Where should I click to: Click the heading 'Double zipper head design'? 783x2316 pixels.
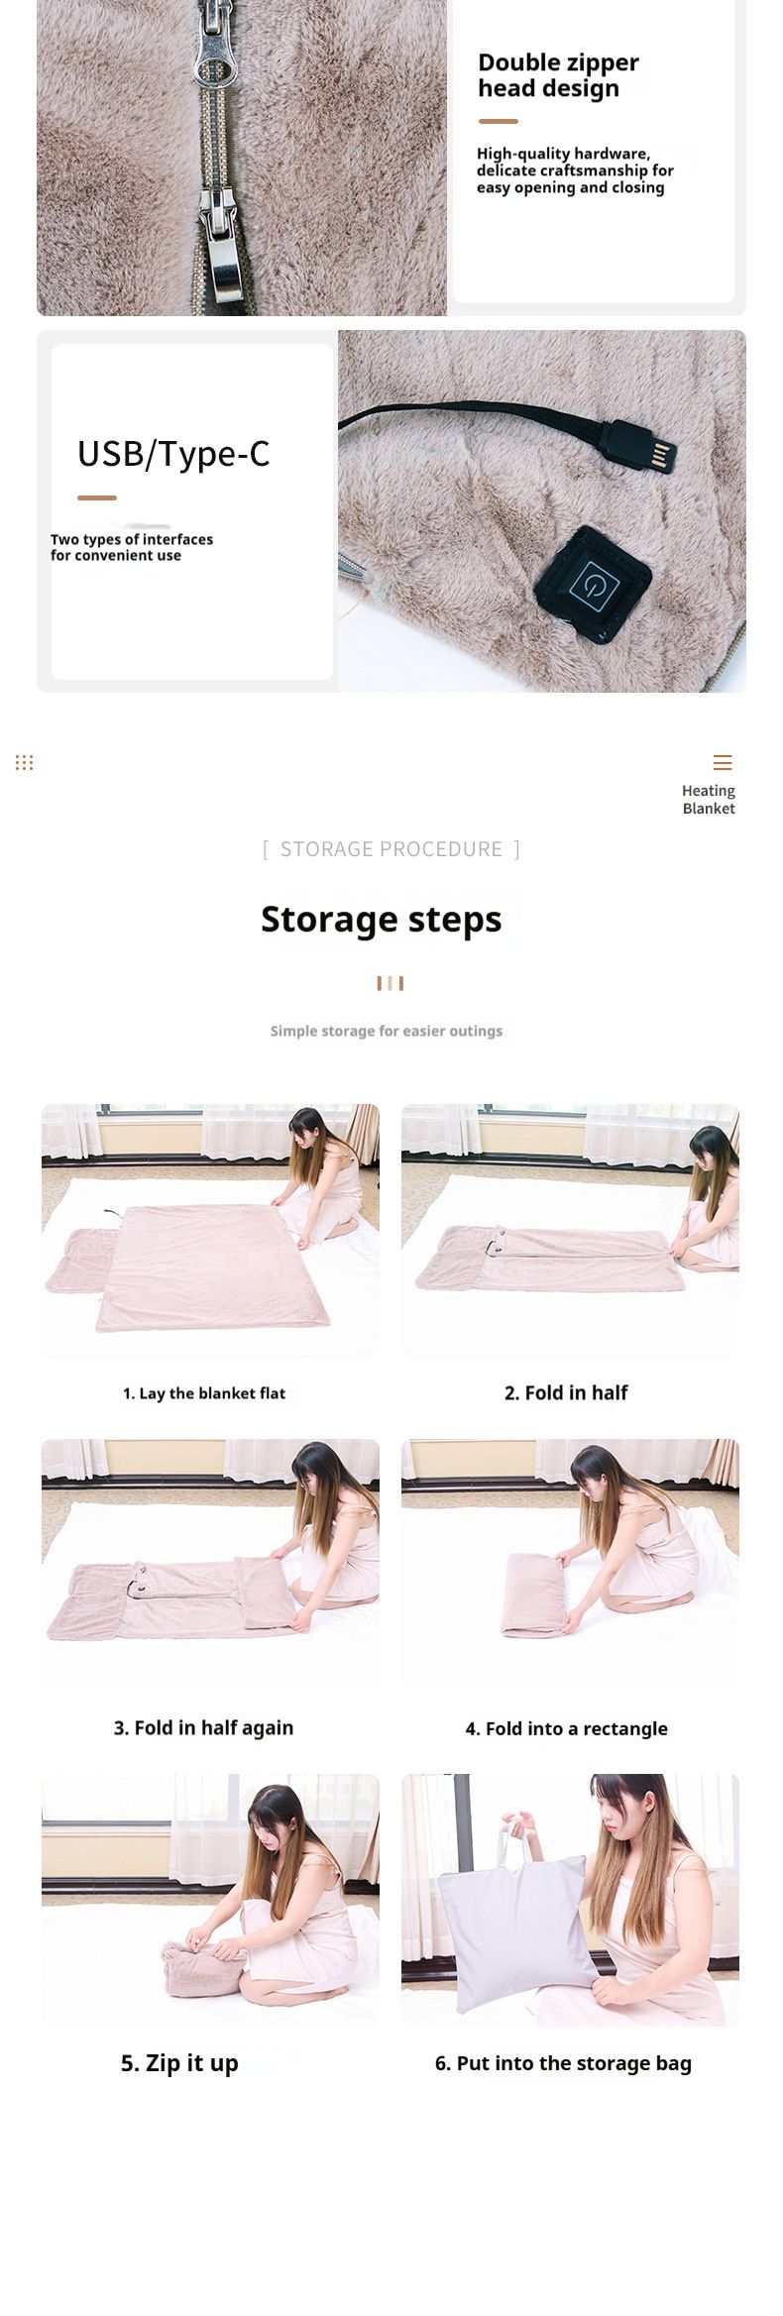click(558, 75)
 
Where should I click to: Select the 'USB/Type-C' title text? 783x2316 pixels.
click(173, 453)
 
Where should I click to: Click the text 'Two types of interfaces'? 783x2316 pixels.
click(132, 539)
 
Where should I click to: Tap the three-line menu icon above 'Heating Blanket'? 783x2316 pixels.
click(723, 762)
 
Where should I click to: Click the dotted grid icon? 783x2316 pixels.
click(25, 762)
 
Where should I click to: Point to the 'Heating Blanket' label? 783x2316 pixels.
click(709, 799)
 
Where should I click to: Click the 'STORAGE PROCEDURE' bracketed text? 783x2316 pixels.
click(391, 849)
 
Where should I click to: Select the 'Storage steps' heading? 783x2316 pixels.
click(382, 919)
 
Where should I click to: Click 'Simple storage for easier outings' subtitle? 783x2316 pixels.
click(387, 1031)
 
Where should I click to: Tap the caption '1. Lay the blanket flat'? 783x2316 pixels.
click(204, 1393)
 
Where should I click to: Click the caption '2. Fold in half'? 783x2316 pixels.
click(566, 1392)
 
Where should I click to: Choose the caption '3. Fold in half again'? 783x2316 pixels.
click(203, 1728)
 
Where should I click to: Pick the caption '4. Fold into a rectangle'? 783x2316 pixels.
click(567, 1728)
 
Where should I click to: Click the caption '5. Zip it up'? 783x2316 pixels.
click(179, 2063)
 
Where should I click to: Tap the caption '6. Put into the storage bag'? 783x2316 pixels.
click(563, 2063)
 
